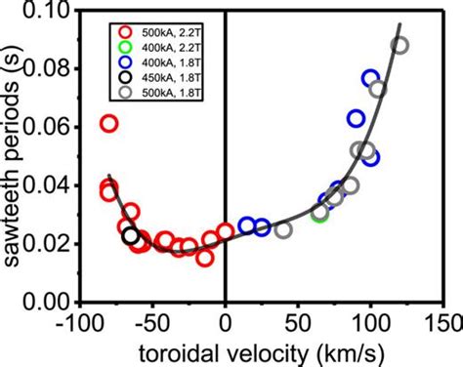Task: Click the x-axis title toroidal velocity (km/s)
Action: [x=264, y=351]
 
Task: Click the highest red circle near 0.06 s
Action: [x=109, y=124]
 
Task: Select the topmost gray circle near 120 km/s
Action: [x=400, y=46]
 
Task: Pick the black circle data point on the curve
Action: [x=130, y=236]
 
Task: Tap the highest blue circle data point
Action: [x=370, y=78]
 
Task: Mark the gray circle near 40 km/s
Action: [x=283, y=230]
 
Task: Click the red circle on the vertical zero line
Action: [x=226, y=231]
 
